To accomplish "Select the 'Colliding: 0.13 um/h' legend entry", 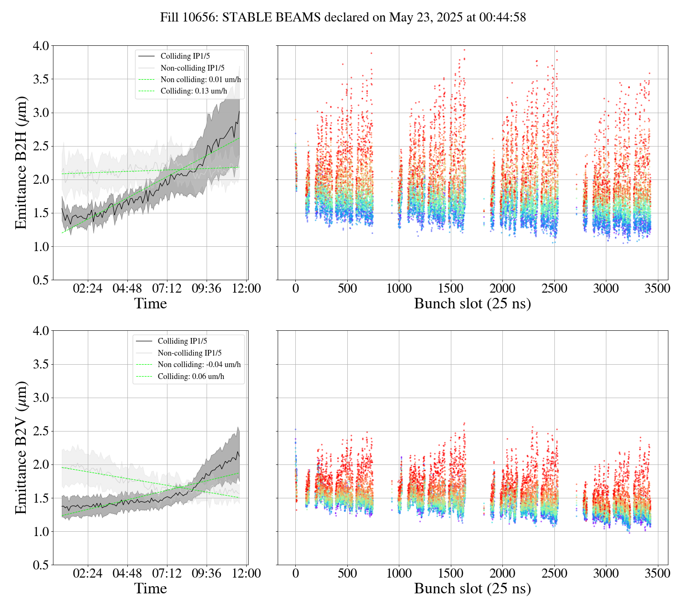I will (194, 91).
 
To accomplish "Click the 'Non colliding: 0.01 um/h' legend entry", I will (200, 80).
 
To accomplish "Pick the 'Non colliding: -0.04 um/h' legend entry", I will (199, 365).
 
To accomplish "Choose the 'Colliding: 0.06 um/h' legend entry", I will (191, 377).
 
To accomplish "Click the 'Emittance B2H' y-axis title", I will (21, 162).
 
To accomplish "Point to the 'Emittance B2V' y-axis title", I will (21, 447).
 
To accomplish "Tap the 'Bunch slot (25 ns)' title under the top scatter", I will (472, 304).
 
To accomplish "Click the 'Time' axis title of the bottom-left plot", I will (151, 589).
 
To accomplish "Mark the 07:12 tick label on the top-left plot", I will (167, 289).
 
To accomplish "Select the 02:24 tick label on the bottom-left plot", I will (88, 573).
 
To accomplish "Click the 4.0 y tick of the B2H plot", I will (40, 46).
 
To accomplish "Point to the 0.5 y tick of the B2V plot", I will (40, 565).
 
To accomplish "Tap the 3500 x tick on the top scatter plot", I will (657, 289).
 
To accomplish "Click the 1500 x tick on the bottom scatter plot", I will (451, 573).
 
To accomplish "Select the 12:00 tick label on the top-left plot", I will (247, 289).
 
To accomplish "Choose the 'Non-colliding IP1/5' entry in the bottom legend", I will (189, 353).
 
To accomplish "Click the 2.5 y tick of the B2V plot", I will (40, 432).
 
